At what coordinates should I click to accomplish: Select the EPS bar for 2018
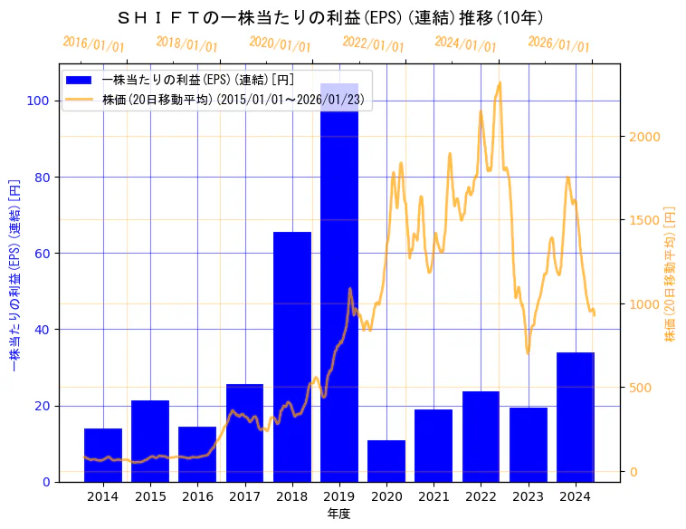pyautogui.click(x=292, y=357)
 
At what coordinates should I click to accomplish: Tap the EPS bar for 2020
pyautogui.click(x=386, y=461)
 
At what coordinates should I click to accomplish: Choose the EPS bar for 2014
pyautogui.click(x=103, y=455)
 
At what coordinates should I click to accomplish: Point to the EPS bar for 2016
pyautogui.click(x=197, y=454)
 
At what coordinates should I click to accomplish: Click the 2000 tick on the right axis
pyautogui.click(x=645, y=137)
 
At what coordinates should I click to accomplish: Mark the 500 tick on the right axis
pyautogui.click(x=642, y=388)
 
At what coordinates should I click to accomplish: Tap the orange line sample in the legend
pyautogui.click(x=80, y=99)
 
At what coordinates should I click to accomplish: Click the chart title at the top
pyautogui.click(x=330, y=17)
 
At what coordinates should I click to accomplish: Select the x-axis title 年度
pyautogui.click(x=339, y=514)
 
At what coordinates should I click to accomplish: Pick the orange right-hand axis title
pyautogui.click(x=670, y=272)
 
